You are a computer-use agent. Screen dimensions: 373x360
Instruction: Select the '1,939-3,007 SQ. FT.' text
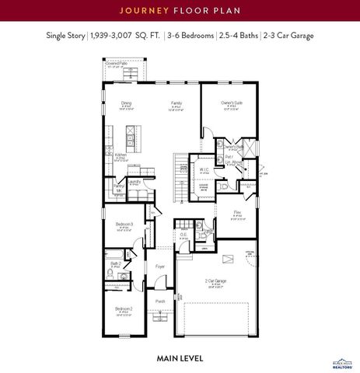(x=122, y=36)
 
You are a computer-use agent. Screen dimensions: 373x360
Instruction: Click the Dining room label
(x=125, y=103)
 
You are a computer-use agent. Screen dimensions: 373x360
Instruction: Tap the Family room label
(x=177, y=103)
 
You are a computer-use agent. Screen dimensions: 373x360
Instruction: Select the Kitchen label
(x=121, y=155)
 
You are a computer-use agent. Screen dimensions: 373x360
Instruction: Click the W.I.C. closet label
(x=204, y=169)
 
